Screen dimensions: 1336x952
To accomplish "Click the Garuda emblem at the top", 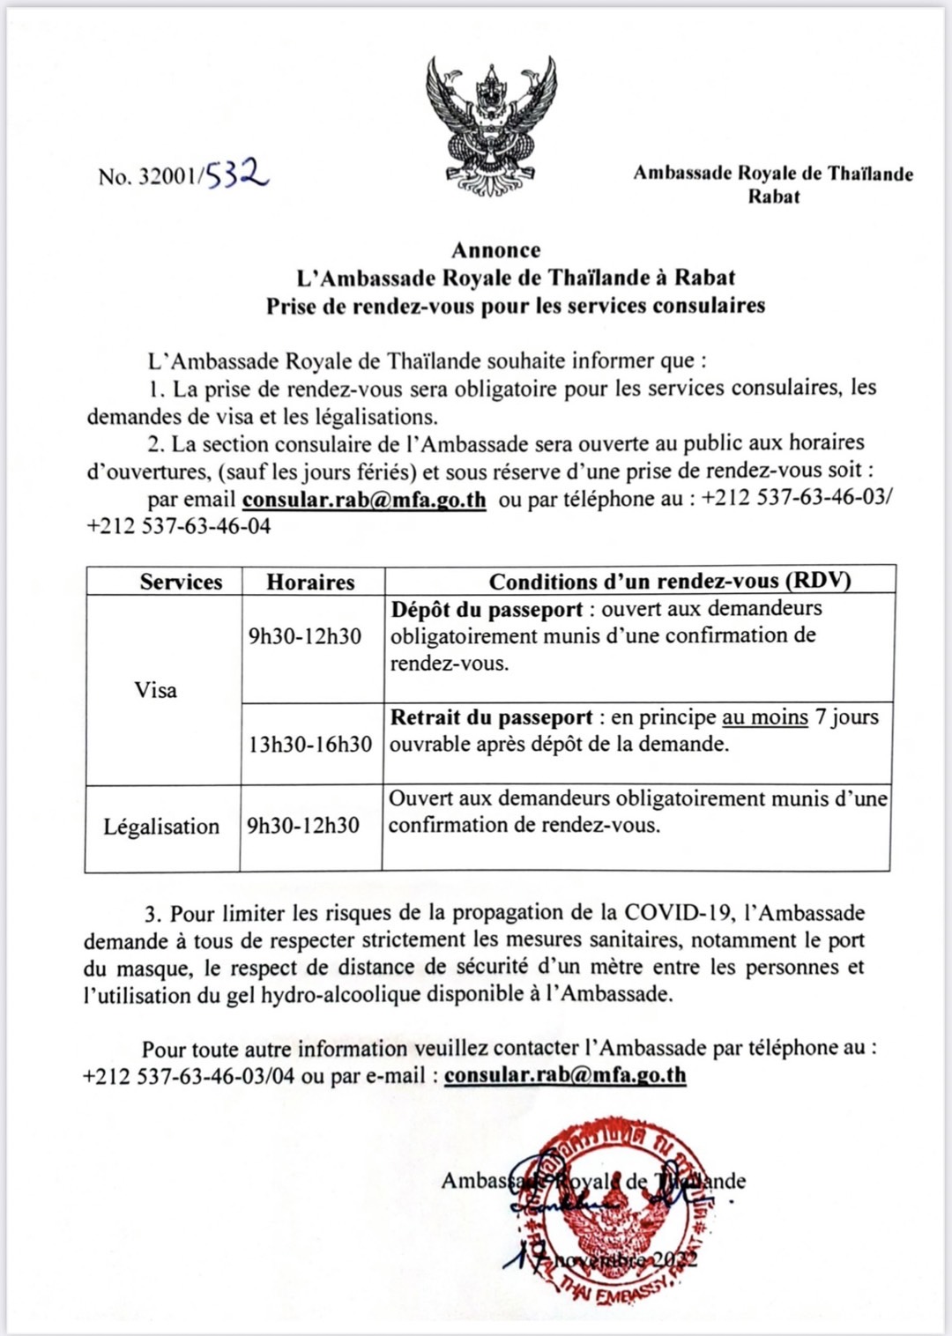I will (491, 125).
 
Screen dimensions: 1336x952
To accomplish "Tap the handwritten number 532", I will (238, 174).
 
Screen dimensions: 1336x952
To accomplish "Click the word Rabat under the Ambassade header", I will (773, 197).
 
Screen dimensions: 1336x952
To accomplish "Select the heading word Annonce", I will (496, 250).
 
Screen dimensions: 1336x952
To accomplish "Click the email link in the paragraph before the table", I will (364, 500).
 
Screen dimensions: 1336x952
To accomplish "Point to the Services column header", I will (181, 582).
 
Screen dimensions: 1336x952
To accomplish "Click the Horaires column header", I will (310, 582).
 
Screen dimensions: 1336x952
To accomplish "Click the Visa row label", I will (156, 690).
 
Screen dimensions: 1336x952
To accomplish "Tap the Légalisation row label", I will (161, 827).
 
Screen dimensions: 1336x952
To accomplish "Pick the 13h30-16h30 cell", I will (310, 745).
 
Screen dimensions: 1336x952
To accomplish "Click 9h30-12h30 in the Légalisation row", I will (303, 826).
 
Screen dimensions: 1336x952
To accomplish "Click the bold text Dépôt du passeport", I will (487, 609).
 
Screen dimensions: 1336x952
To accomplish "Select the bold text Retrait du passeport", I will (491, 717).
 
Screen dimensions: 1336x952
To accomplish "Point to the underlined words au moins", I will (764, 717).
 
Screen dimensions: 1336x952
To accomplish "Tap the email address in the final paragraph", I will (565, 1075).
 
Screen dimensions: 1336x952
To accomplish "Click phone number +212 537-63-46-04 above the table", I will (179, 527).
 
